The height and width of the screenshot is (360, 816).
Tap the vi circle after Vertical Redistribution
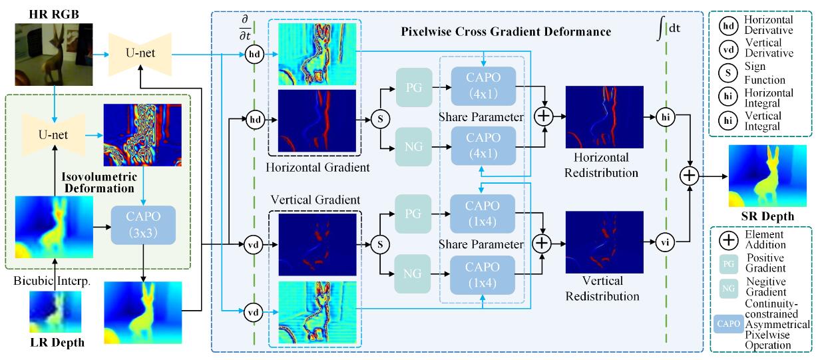[x=666, y=243]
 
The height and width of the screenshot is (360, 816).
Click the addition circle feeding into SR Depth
[x=690, y=176]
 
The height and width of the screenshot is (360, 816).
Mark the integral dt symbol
[x=667, y=30]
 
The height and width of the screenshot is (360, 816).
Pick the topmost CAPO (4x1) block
[x=483, y=84]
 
